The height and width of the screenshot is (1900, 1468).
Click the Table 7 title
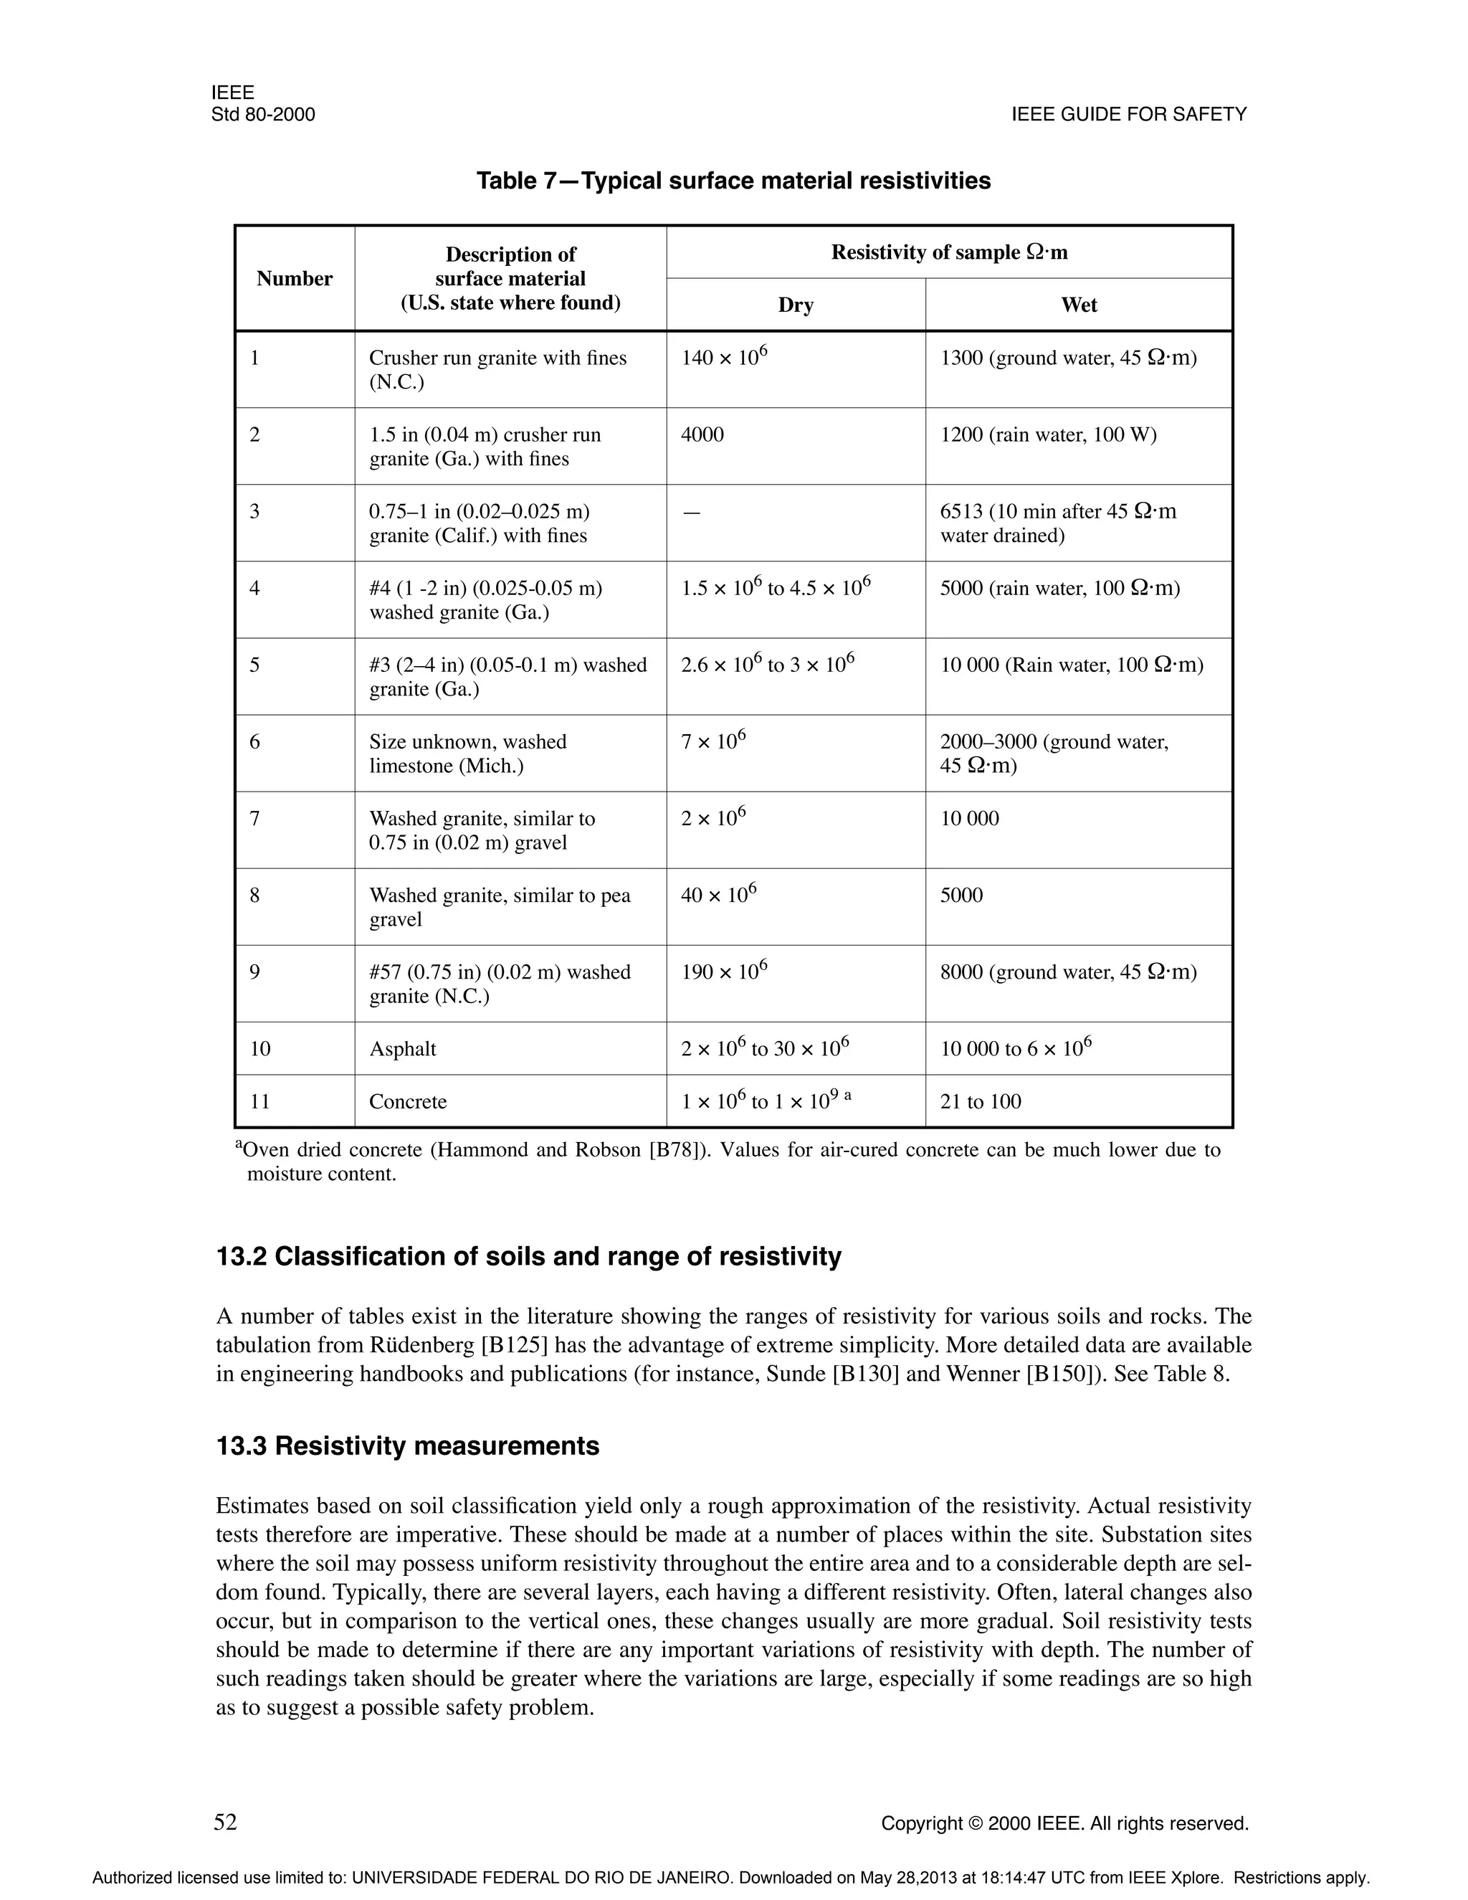coord(733,181)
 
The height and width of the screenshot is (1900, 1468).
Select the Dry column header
coord(795,305)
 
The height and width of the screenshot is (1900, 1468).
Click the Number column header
coord(294,278)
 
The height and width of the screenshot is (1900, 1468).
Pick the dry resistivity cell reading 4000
coord(702,435)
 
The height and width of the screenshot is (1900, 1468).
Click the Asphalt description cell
coord(403,1049)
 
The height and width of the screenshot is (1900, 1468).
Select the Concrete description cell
coord(407,1101)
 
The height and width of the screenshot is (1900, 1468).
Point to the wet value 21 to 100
coord(980,1101)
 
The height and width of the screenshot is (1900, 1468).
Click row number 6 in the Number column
coord(254,742)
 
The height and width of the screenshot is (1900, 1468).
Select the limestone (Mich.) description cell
coord(467,754)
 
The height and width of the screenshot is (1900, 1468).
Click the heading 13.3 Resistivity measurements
coord(407,1446)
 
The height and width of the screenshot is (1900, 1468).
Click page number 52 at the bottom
coord(225,1822)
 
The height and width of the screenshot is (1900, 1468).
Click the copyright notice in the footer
coord(1064,1823)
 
